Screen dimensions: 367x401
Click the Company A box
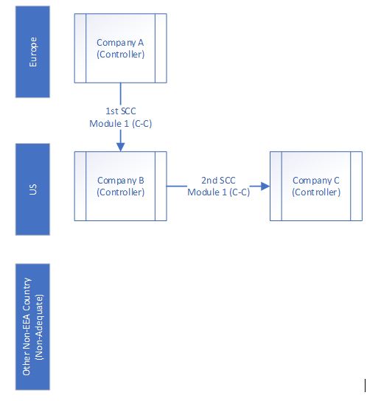click(120, 48)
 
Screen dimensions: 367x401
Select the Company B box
click(120, 186)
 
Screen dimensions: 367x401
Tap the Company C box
click(316, 186)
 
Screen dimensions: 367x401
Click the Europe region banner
click(32, 52)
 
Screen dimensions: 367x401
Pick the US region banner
click(32, 189)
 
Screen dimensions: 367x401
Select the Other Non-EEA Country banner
click(32, 327)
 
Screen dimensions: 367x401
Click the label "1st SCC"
click(121, 111)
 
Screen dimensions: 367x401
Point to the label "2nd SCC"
click(218, 181)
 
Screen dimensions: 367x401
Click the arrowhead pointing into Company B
click(120, 147)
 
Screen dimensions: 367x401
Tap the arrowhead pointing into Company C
click(265, 186)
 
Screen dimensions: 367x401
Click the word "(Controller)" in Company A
click(120, 55)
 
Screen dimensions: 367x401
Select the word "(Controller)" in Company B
click(120, 192)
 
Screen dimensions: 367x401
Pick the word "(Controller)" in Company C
click(316, 192)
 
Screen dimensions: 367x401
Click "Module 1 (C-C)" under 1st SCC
click(121, 124)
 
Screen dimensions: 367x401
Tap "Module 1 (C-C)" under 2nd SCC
click(218, 192)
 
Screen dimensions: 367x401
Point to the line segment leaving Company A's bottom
click(120, 94)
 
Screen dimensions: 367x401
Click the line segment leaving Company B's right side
click(177, 186)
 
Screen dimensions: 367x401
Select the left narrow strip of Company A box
click(80, 48)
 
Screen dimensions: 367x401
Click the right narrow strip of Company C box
click(356, 186)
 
